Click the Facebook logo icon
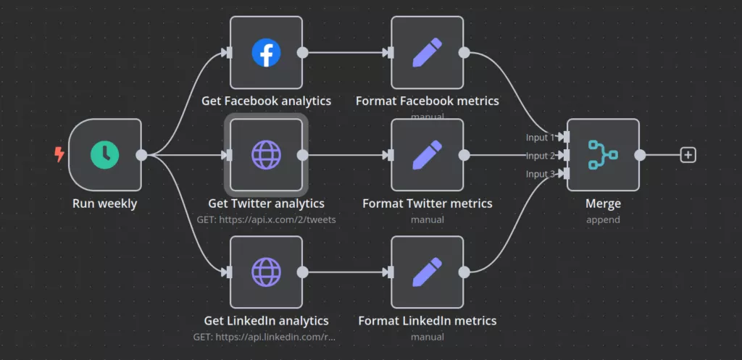click(266, 52)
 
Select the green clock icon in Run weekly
click(105, 154)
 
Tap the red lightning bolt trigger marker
click(59, 154)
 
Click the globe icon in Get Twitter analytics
click(266, 154)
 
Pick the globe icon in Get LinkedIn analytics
click(266, 272)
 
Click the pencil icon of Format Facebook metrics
click(427, 52)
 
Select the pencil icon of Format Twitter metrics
click(427, 154)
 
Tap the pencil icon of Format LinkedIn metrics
click(427, 272)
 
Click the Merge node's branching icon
click(603, 154)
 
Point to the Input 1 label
click(541, 138)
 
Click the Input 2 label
click(541, 156)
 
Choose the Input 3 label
click(541, 174)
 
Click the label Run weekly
click(104, 204)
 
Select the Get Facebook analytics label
click(266, 101)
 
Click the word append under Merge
click(603, 219)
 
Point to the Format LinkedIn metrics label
click(428, 320)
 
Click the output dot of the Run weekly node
click(141, 154)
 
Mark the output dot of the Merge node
click(640, 154)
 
